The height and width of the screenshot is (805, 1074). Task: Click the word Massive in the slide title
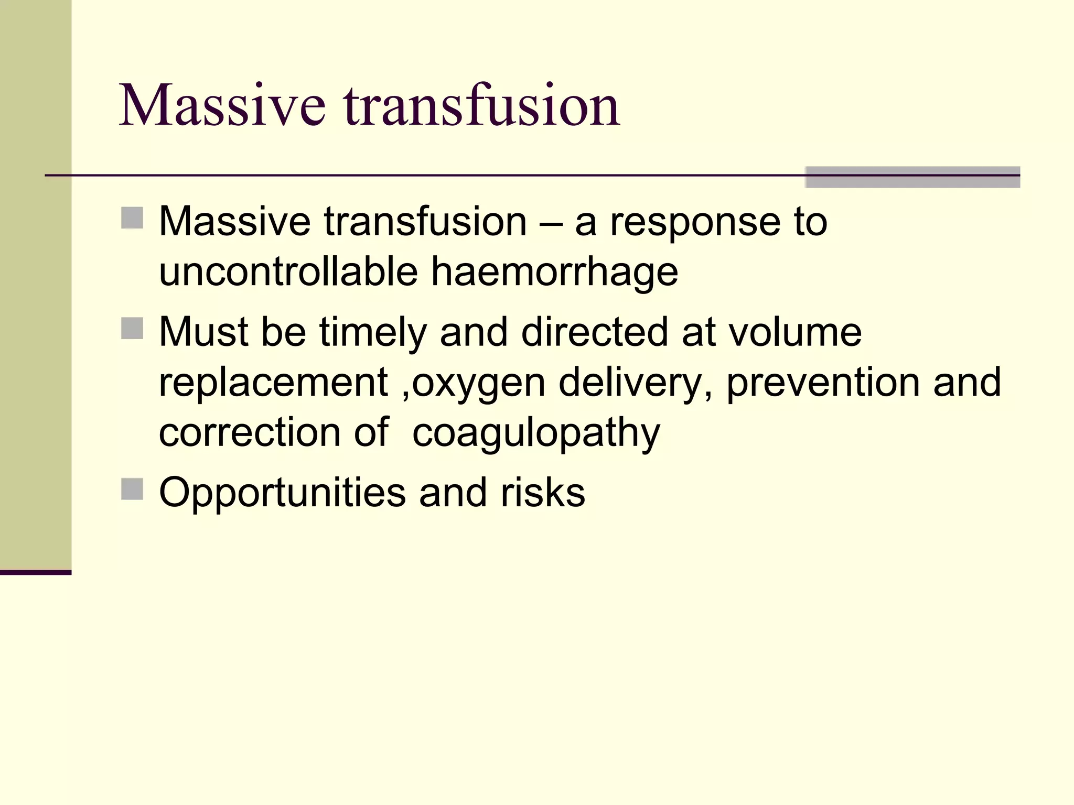222,106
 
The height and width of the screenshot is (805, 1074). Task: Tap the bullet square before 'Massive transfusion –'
132,218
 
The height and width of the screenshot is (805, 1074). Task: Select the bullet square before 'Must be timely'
132,329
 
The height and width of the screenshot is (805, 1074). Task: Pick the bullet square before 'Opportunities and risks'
132,489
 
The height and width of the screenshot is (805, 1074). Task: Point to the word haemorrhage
554,273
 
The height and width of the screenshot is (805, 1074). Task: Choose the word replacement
273,383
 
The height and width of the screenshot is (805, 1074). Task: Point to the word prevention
823,383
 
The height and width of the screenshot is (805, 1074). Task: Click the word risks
543,493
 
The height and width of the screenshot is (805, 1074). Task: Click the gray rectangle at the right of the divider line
912,177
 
